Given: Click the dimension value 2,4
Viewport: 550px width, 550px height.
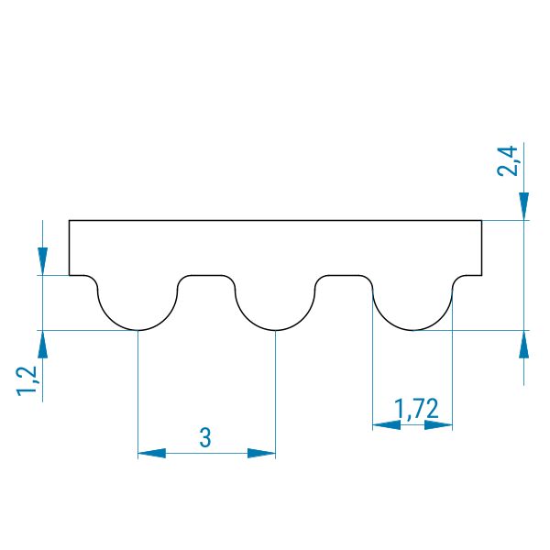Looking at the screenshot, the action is [x=508, y=160].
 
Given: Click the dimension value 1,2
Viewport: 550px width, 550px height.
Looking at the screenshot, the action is [x=27, y=381].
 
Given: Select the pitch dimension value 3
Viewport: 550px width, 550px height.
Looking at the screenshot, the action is [x=205, y=438].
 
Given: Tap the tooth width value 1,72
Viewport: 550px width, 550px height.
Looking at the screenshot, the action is [x=416, y=409].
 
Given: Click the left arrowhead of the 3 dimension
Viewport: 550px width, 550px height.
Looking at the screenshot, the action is [x=151, y=453].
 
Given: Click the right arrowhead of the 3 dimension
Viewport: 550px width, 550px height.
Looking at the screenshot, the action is [x=261, y=453].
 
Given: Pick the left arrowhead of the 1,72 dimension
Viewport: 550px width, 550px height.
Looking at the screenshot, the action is [x=386, y=425].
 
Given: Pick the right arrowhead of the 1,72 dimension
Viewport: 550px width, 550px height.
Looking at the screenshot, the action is [x=438, y=425].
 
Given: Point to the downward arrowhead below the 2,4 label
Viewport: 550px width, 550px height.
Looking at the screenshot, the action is [x=524, y=206].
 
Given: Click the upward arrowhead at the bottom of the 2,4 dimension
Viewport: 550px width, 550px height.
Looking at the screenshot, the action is [x=524, y=344].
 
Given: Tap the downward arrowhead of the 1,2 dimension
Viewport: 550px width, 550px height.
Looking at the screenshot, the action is [x=43, y=261].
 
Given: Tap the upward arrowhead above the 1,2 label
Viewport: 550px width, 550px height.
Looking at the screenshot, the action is [x=43, y=344].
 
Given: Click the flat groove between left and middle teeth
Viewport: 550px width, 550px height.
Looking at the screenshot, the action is [x=206, y=275].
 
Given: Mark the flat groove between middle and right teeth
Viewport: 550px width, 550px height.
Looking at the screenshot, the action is [x=344, y=275].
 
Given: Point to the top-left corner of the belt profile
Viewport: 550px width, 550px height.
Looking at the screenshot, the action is [x=69, y=220].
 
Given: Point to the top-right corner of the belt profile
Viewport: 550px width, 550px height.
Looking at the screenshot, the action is [x=481, y=220].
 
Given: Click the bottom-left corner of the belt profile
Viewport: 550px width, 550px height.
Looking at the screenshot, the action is [x=69, y=275].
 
